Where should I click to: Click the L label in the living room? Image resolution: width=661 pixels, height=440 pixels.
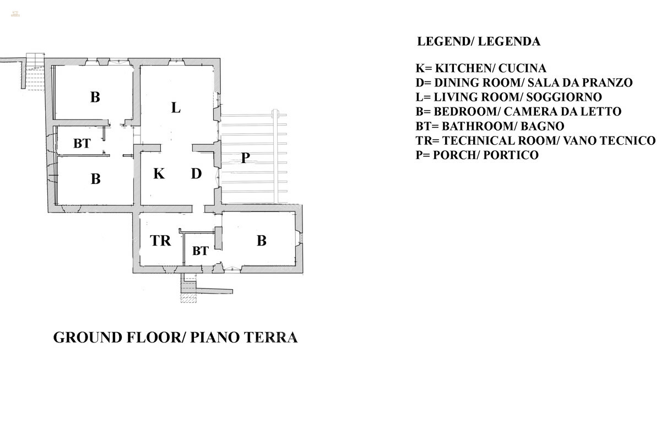click(x=176, y=107)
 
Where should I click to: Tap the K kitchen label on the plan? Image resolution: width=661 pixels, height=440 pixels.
click(x=159, y=174)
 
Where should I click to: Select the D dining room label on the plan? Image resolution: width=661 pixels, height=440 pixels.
click(x=196, y=174)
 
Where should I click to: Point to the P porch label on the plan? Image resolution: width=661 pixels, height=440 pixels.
click(x=246, y=159)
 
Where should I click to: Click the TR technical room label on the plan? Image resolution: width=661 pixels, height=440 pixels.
click(x=160, y=241)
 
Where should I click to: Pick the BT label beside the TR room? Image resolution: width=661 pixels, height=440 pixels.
click(x=200, y=251)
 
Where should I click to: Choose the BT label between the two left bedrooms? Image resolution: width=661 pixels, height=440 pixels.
click(x=82, y=144)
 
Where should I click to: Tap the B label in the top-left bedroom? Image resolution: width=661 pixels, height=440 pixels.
click(x=95, y=98)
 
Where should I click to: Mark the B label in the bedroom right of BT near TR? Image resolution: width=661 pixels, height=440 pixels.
click(x=262, y=241)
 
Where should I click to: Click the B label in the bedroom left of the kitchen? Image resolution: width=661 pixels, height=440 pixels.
click(x=95, y=179)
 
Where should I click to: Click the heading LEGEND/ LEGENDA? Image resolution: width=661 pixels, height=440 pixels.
click(x=479, y=41)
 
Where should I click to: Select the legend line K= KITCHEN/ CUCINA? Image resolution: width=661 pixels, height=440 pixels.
click(x=481, y=68)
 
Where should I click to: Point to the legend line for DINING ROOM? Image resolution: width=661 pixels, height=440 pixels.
click(x=524, y=83)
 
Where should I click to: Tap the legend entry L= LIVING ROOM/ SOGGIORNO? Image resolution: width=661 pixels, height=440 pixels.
click(x=508, y=97)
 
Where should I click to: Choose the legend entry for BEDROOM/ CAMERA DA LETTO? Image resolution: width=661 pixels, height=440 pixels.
click(x=518, y=111)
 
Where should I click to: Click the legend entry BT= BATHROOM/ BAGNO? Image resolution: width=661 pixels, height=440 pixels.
click(x=490, y=126)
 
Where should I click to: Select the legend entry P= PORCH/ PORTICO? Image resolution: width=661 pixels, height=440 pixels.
click(x=477, y=155)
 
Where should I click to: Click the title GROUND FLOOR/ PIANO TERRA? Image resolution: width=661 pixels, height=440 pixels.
click(x=175, y=337)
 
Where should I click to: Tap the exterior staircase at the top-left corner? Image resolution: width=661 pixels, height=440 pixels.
click(x=34, y=70)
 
